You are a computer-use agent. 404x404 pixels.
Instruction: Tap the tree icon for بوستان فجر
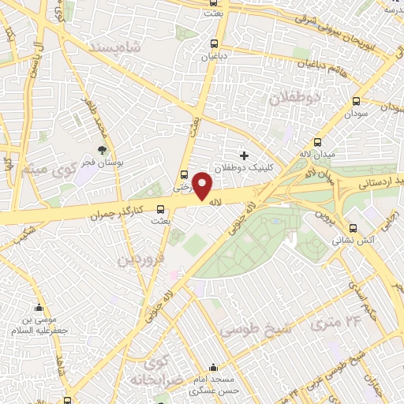103,150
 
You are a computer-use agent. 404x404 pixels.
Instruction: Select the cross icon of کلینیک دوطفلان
244,155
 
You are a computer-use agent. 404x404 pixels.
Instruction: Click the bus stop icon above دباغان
214,44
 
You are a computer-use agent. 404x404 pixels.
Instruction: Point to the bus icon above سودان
356,101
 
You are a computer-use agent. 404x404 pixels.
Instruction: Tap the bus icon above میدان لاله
317,143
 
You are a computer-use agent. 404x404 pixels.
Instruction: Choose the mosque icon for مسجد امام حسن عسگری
214,367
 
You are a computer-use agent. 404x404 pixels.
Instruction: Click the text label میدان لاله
314,153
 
